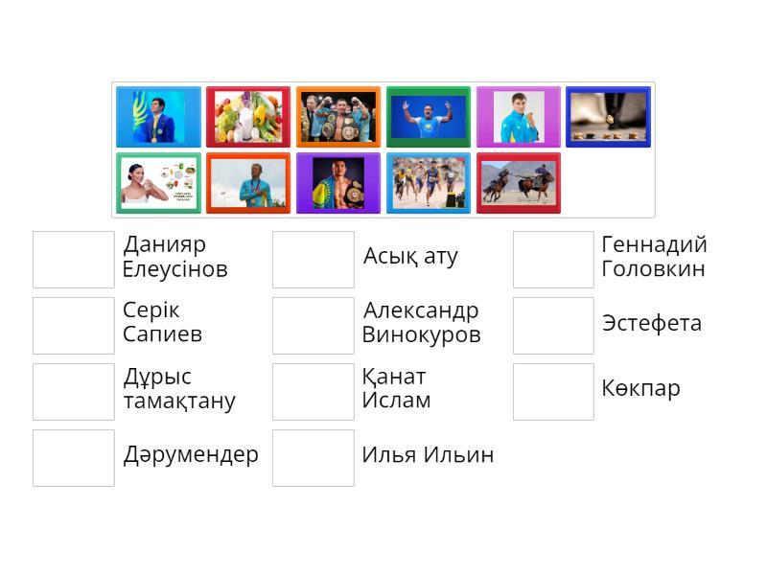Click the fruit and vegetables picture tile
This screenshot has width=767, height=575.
pyautogui.click(x=248, y=117)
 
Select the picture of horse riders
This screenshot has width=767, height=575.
pyautogui.click(x=519, y=183)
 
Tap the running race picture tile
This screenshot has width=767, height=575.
pyautogui.click(x=429, y=183)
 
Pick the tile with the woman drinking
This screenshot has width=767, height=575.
pyautogui.click(x=158, y=183)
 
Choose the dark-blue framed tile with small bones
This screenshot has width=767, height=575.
pyautogui.click(x=608, y=117)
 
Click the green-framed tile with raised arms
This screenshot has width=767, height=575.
pyautogui.click(x=429, y=117)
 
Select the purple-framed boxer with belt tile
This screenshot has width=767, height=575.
pyautogui.click(x=338, y=183)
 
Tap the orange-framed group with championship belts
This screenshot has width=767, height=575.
pyautogui.click(x=338, y=117)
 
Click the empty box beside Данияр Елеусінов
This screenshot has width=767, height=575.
pyautogui.click(x=74, y=259)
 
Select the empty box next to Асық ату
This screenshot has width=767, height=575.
pyautogui.click(x=314, y=259)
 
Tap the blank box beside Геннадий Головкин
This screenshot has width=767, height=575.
pyautogui.click(x=553, y=259)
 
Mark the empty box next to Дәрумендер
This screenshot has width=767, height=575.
pyautogui.click(x=74, y=457)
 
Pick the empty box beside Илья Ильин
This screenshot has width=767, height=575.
pyautogui.click(x=314, y=457)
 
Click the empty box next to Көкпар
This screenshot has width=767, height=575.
pyautogui.click(x=553, y=391)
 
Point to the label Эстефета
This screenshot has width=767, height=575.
pyautogui.click(x=652, y=323)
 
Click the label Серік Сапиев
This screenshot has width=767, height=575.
pyautogui.click(x=162, y=323)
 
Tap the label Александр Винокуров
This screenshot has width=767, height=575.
pyautogui.click(x=421, y=323)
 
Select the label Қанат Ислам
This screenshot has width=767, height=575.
pyautogui.click(x=396, y=388)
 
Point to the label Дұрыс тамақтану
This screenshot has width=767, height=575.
pyautogui.click(x=179, y=388)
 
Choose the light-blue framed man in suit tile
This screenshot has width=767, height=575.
pyautogui.click(x=158, y=117)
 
